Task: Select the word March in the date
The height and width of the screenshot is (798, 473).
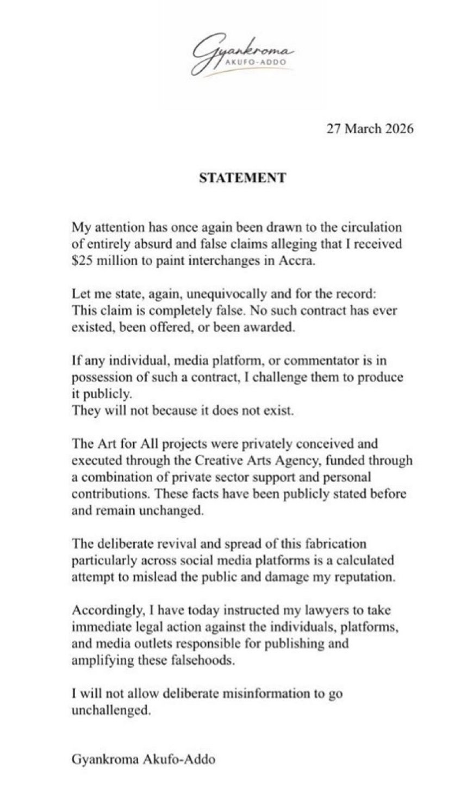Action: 359,130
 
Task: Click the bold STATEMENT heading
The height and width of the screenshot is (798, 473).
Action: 236,178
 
